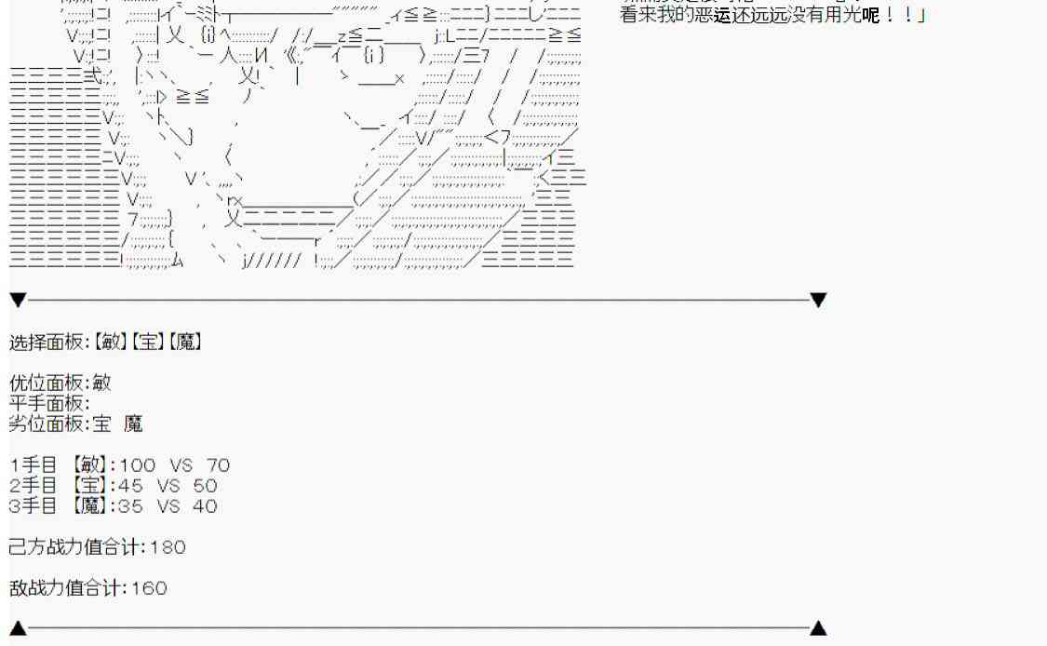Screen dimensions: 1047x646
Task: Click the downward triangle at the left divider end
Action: pos(18,300)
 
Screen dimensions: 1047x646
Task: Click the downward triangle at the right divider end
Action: pos(818,300)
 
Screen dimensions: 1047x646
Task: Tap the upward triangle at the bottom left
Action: pos(18,628)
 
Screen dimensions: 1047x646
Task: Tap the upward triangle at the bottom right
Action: pos(818,628)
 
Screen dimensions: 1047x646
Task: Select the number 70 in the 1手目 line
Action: pos(218,465)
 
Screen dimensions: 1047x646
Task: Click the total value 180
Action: pos(168,547)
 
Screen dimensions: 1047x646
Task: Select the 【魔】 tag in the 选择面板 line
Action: pos(184,342)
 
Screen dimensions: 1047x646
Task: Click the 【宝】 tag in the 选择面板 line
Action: pos(147,342)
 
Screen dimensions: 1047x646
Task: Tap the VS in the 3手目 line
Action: pos(169,506)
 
